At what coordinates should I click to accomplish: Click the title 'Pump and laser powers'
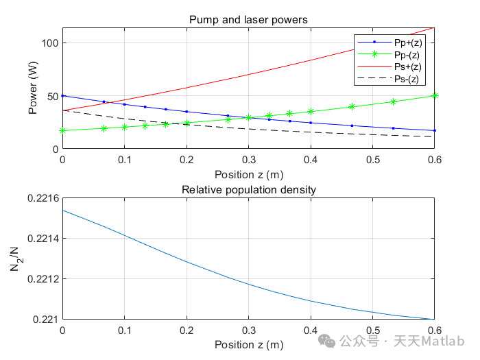tap(248, 20)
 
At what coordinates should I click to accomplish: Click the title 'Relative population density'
tap(248, 190)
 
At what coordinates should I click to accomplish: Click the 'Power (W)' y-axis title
tap(34, 88)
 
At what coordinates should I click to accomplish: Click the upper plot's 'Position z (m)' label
tap(248, 174)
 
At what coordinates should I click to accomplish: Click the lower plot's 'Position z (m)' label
tap(248, 344)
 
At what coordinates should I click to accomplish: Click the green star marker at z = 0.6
tap(434, 96)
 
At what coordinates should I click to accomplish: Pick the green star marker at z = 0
tap(63, 130)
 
